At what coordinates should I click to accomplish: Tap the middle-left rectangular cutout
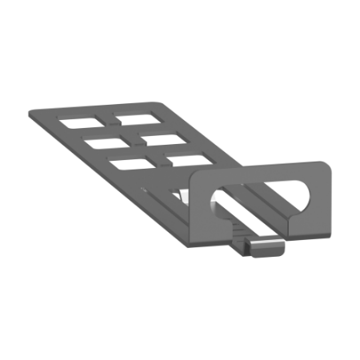[102, 144]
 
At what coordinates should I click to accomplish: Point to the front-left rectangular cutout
[131, 164]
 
